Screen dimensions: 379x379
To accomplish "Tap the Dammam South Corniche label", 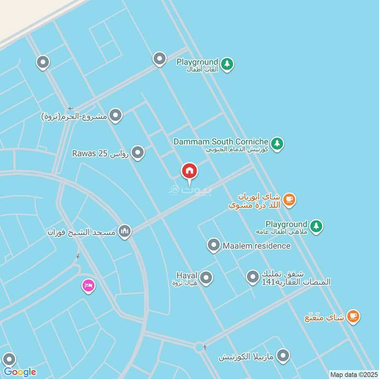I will [x=221, y=142].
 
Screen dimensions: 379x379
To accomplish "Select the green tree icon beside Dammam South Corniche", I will [x=277, y=143].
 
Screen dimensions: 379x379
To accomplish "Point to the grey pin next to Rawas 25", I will [x=138, y=153].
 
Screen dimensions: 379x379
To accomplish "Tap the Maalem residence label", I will [x=255, y=246].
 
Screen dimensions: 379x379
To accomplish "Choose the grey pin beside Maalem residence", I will [x=214, y=245].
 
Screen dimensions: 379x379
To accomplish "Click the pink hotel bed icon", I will [x=88, y=285].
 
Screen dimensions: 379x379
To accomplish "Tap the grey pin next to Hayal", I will [x=206, y=277].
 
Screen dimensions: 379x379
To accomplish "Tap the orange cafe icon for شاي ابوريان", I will [x=289, y=199].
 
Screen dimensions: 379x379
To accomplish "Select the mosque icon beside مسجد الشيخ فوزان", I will [x=125, y=231].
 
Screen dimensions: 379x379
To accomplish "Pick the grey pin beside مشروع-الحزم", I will [x=116, y=115].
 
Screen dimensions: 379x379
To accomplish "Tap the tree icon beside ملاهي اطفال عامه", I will [x=316, y=226].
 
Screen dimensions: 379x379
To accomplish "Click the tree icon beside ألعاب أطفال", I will [x=227, y=64].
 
